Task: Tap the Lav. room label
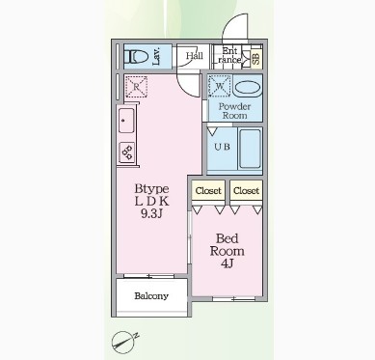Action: pos(157,57)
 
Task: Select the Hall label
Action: pos(195,56)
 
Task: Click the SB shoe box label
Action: pos(256,59)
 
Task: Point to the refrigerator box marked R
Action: pos(136,87)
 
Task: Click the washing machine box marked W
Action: pos(220,86)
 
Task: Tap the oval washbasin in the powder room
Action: pos(247,87)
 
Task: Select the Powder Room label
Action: pos(234,111)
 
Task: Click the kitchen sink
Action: pos(126,121)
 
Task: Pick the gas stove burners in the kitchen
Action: pos(126,152)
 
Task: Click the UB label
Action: pos(222,147)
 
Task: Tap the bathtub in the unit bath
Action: pos(250,149)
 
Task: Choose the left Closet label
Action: pos(208,191)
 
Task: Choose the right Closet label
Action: pos(246,191)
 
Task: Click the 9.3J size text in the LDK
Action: pos(151,213)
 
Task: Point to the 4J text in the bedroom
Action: pos(227,263)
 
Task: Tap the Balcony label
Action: pos(151,296)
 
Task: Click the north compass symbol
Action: pos(123,342)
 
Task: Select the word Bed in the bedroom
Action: pos(228,238)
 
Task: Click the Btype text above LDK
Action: pos(151,189)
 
